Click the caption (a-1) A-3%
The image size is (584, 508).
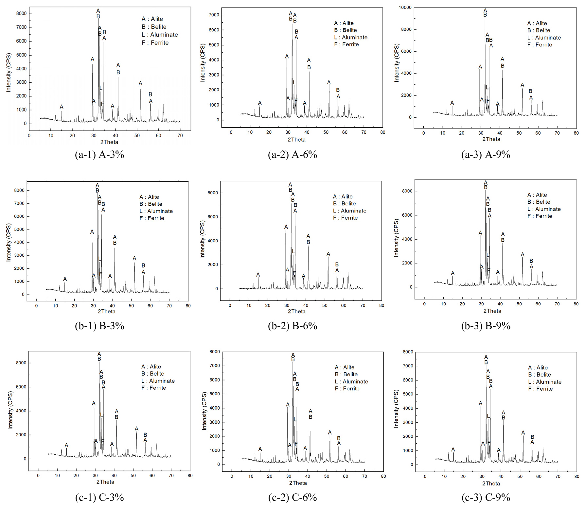click(x=99, y=154)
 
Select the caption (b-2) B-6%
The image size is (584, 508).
click(x=292, y=326)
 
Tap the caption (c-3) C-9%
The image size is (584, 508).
click(x=486, y=497)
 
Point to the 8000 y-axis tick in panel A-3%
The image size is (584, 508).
click(x=21, y=13)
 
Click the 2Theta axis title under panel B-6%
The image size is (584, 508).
click(x=296, y=311)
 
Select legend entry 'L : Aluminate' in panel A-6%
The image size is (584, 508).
click(x=350, y=37)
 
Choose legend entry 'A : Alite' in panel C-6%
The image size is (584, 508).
click(x=344, y=367)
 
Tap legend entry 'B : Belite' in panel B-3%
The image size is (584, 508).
click(x=151, y=204)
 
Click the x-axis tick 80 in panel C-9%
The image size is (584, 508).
click(x=577, y=476)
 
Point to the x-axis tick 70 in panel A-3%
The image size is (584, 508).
click(x=180, y=135)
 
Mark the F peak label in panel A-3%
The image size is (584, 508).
click(x=102, y=104)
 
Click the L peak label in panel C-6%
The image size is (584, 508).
click(x=295, y=419)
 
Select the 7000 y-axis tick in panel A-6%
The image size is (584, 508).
click(x=214, y=15)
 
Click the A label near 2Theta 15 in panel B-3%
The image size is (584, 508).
click(x=65, y=279)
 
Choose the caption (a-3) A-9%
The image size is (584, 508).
click(x=486, y=154)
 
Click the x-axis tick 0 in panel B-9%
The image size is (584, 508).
click(x=424, y=304)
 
